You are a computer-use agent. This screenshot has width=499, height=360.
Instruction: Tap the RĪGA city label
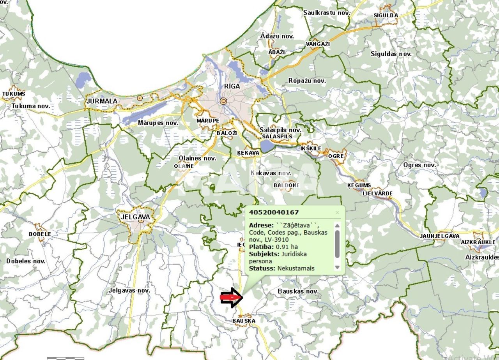pos(232,86)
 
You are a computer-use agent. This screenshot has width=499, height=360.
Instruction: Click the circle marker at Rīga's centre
pos(223,101)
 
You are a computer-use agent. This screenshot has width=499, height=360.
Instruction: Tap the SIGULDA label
pos(386,16)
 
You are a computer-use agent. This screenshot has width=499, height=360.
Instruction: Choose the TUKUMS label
pos(14,94)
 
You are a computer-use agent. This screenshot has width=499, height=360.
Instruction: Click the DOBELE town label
pos(40,234)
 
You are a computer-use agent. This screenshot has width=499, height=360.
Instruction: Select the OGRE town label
pos(336,156)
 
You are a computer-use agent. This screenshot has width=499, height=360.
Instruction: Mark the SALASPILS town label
pos(277,137)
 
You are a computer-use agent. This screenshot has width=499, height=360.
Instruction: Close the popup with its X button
pos(337,212)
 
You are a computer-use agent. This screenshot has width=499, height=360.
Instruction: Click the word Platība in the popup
pos(261,247)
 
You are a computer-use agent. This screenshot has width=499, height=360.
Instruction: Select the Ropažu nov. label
pos(307,81)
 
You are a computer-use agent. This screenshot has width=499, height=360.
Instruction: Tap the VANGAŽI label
pos(318,44)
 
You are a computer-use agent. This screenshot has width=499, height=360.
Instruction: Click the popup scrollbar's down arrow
pos(337,267)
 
